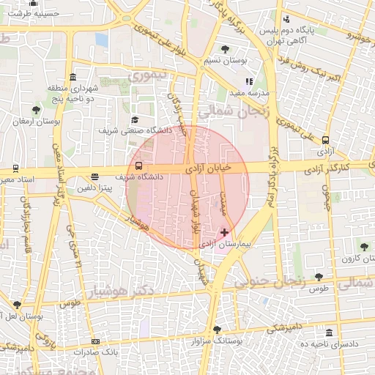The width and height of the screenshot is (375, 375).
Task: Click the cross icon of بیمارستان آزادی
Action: click(x=225, y=232)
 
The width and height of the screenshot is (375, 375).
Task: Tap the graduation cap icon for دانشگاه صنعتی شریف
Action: click(x=134, y=119)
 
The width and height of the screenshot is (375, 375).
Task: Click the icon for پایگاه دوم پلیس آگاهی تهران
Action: click(x=286, y=19)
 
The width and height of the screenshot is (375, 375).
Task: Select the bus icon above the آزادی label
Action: click(x=325, y=141)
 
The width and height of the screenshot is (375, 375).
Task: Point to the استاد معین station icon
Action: click(x=16, y=168)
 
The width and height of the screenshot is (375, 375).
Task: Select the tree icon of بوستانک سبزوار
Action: click(x=216, y=330)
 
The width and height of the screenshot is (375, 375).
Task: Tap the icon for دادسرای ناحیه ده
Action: click(x=330, y=333)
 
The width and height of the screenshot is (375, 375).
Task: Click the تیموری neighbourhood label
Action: click(x=148, y=75)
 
